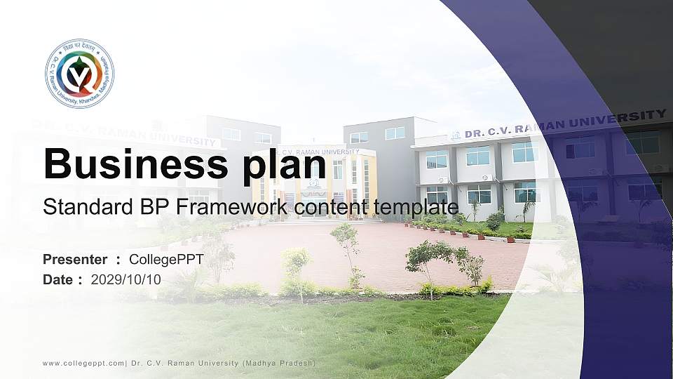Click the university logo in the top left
tap(79, 74)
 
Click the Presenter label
tap(75, 260)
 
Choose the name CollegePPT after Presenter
tap(166, 260)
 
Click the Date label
tap(58, 279)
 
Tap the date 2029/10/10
tap(126, 279)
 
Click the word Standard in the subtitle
tap(72, 207)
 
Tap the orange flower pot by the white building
tap(510, 239)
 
